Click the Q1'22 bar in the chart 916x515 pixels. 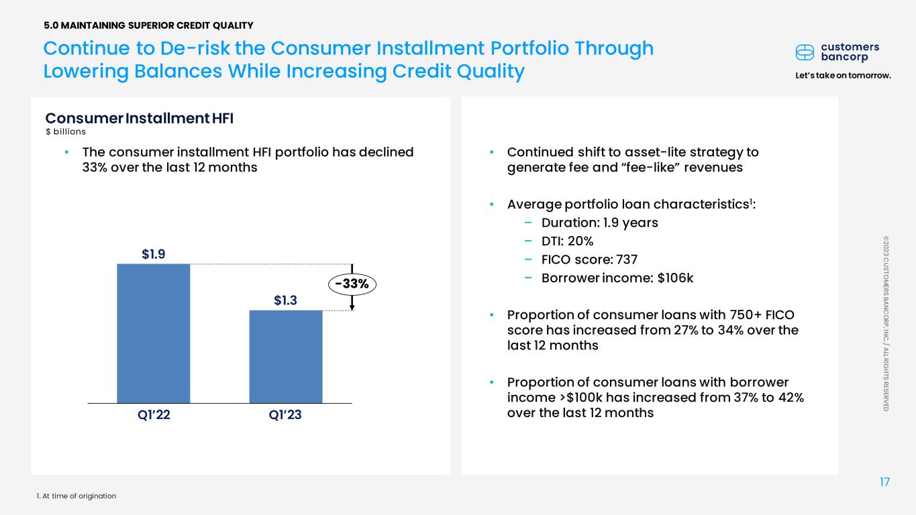(x=154, y=333)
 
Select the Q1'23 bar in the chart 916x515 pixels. (x=286, y=357)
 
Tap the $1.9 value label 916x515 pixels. (x=154, y=254)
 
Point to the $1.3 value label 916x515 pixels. (x=285, y=300)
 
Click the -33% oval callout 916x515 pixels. (x=352, y=284)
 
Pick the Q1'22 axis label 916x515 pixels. (x=154, y=415)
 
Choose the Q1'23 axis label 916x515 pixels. (x=285, y=415)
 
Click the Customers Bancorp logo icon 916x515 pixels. (x=805, y=52)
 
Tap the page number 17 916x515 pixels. (x=884, y=482)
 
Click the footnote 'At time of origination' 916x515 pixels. (x=79, y=496)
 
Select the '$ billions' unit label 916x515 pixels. (x=66, y=131)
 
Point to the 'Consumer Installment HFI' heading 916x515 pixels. (x=140, y=118)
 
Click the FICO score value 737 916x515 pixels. (x=627, y=260)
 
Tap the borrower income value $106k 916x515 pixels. (x=675, y=278)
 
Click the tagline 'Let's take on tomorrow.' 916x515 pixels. (x=844, y=76)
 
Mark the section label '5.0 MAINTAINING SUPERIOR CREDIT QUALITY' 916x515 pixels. (x=148, y=25)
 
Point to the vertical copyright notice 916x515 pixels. (x=886, y=323)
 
